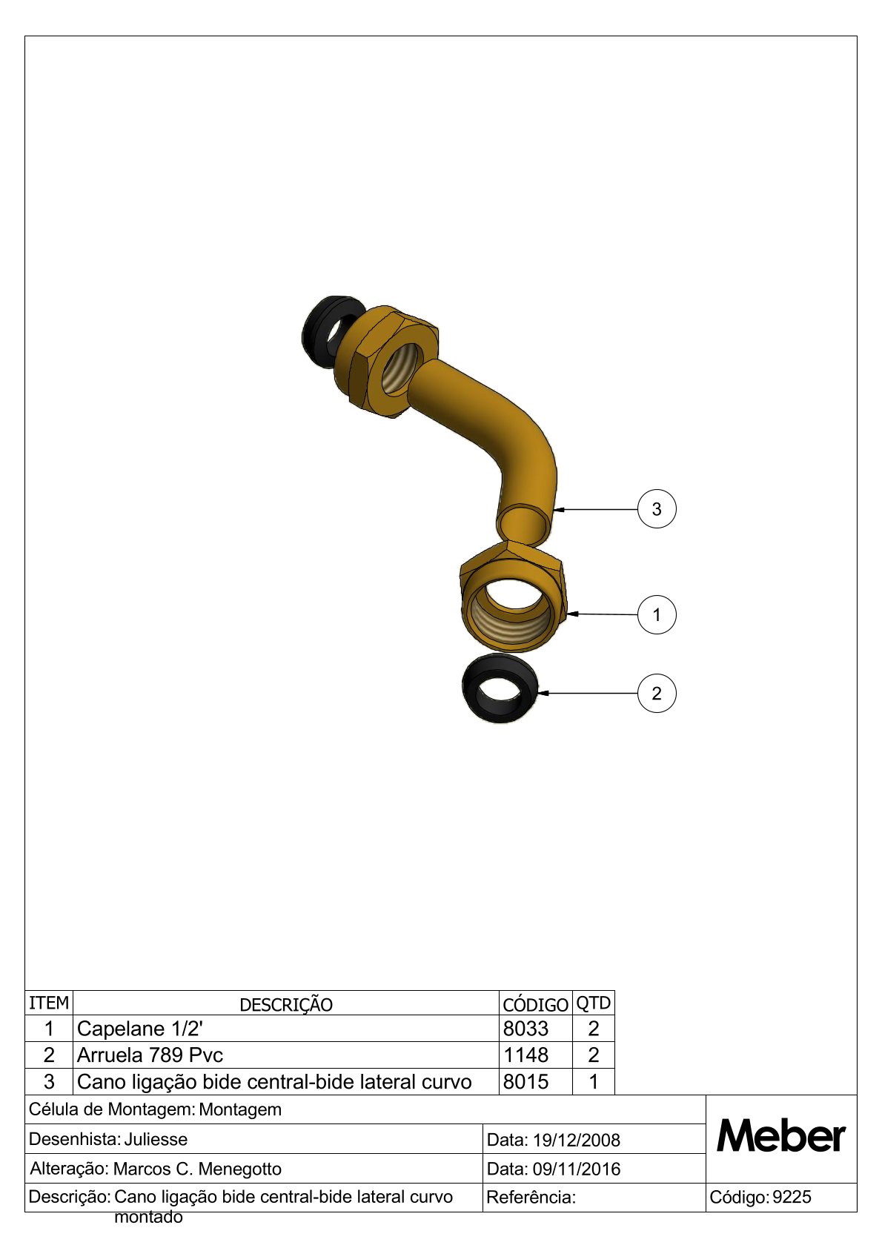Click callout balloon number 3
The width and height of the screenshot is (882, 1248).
[657, 508]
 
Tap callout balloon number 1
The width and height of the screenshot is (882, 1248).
[657, 614]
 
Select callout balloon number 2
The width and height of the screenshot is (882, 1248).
[657, 693]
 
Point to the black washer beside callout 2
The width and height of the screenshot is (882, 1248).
[500, 690]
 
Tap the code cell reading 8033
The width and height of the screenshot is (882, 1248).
[525, 1029]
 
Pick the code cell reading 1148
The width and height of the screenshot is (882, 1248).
[525, 1055]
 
